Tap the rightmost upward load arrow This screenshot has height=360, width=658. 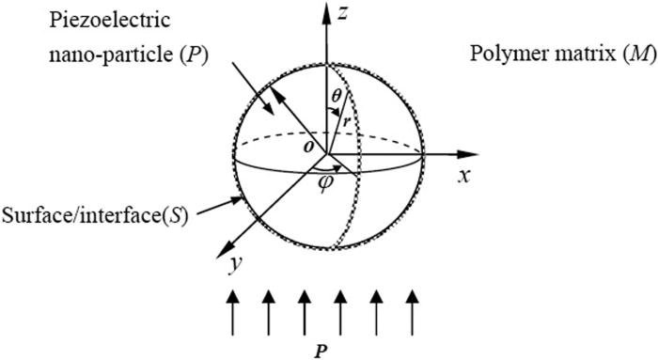click(411, 310)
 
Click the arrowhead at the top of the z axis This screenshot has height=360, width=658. click(327, 12)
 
